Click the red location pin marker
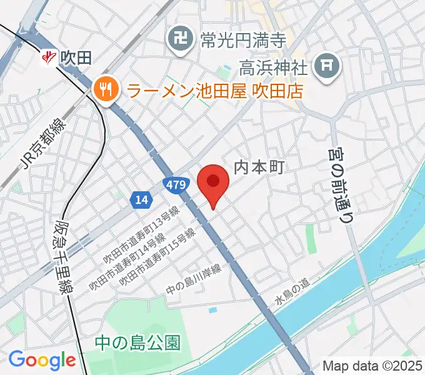point(213,183)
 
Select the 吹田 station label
point(77,59)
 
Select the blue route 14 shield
point(141,199)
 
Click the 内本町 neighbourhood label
point(259,167)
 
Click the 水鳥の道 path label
point(292,291)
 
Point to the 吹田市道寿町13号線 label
point(142,236)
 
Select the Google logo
point(42,360)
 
